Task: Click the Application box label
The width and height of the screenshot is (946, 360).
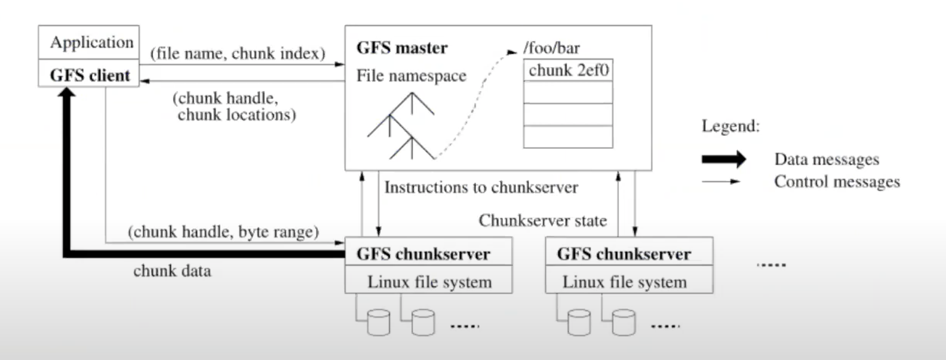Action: click(x=91, y=42)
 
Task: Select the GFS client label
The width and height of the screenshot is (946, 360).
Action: click(x=89, y=75)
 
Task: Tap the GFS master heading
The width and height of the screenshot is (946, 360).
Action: click(x=402, y=48)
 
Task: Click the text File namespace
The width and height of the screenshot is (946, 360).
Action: click(x=411, y=76)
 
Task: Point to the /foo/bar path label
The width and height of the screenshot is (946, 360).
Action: click(x=551, y=48)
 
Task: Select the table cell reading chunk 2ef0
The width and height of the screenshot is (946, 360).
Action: click(x=568, y=71)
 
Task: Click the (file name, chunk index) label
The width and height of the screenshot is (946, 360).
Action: click(x=238, y=54)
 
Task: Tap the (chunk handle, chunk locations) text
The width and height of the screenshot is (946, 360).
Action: click(x=233, y=106)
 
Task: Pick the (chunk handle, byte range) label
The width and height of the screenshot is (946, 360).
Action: click(x=223, y=232)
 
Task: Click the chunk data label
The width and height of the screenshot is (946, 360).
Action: click(x=172, y=271)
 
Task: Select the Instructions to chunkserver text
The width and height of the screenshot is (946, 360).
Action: click(x=481, y=187)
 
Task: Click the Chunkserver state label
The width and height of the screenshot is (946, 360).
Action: click(x=543, y=220)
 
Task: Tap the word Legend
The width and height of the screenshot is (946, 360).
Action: click(x=730, y=126)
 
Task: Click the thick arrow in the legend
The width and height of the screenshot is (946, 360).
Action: click(x=724, y=160)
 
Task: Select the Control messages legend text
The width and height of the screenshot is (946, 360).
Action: click(x=837, y=182)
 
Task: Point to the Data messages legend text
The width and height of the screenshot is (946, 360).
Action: click(x=827, y=160)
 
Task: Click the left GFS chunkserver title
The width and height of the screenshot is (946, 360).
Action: click(x=423, y=254)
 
